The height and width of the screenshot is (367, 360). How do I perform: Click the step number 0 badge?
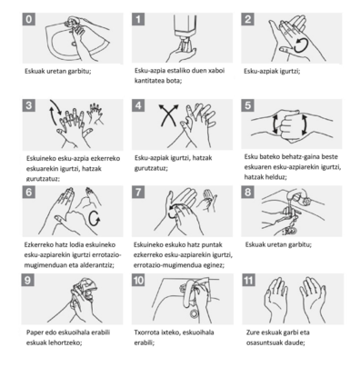tap(29, 19)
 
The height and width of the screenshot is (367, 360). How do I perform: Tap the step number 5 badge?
tap(248, 105)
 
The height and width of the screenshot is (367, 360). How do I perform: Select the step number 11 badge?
tap(248, 280)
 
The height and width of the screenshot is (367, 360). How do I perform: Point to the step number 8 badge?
tap(248, 192)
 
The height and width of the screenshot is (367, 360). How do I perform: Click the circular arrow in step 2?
tap(302, 45)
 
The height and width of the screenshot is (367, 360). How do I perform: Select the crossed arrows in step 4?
tap(169, 115)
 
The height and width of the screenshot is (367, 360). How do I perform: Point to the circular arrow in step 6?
tap(95, 218)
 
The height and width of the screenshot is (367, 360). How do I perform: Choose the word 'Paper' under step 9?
tap(35, 332)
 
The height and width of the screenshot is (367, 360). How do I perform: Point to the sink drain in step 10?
tap(194, 313)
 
